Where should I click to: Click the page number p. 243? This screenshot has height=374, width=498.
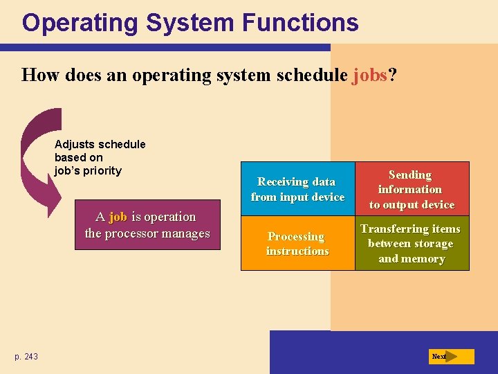pos(26,357)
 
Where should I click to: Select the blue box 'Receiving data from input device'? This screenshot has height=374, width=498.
pos(297,189)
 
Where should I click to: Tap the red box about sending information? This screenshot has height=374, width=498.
pos(412,189)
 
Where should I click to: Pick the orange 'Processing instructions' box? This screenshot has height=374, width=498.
pos(297,244)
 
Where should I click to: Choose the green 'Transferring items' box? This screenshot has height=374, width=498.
pos(412,244)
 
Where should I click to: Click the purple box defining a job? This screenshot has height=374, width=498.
pos(147,225)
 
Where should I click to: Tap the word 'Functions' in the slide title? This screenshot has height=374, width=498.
pos(300,23)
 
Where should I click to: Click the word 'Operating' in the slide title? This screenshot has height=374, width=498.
pos(80,23)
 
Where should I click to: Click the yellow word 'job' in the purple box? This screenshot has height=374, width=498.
pos(118,217)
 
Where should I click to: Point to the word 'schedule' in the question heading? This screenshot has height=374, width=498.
pos(312,75)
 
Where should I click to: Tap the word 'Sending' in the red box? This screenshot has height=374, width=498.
pos(410,175)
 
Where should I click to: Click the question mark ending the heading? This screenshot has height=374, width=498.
pos(393,75)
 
